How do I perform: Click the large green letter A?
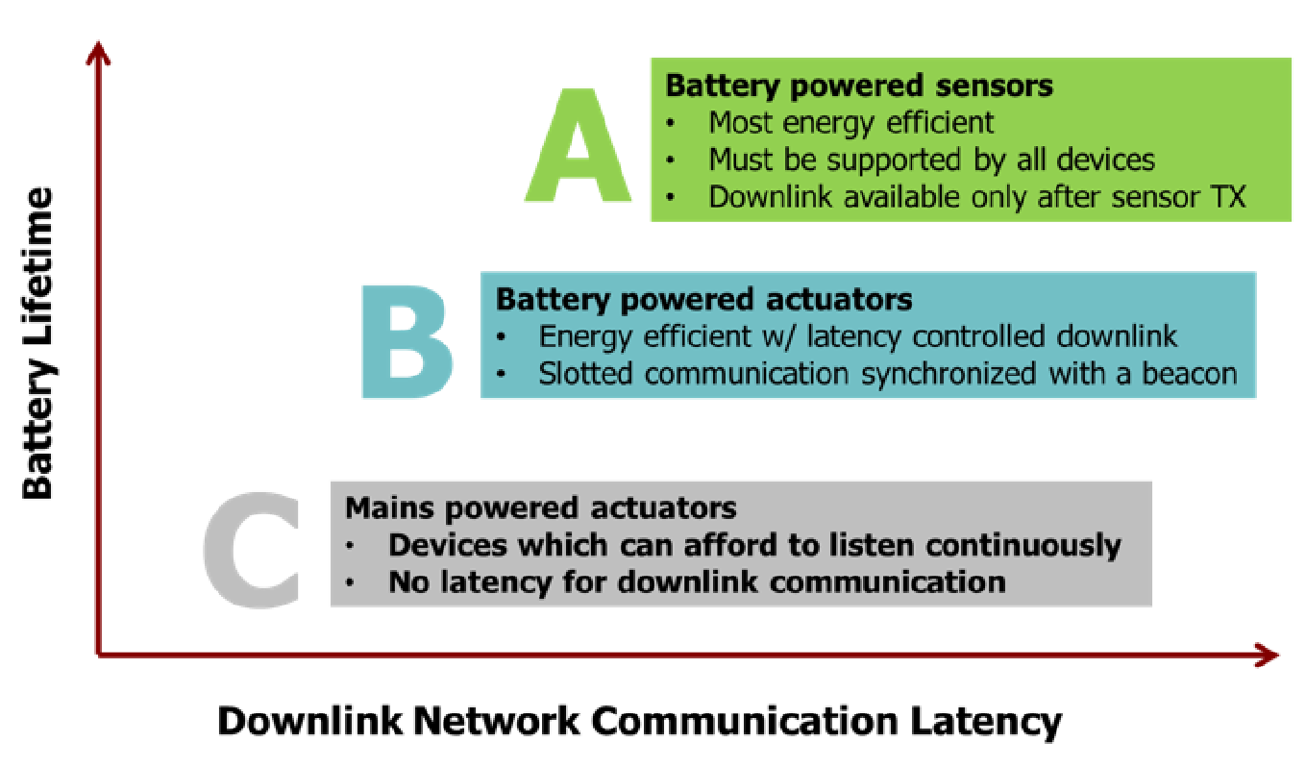point(578,146)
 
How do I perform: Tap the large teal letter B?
point(407,342)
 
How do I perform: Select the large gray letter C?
point(252,552)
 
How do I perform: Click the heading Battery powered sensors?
point(859,86)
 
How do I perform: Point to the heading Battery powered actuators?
point(703,299)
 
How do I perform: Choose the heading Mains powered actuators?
point(540,507)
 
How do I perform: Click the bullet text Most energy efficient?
point(850,122)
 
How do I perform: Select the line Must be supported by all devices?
point(931,160)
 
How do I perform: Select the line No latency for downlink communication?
point(697,581)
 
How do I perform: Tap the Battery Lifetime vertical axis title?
point(38,344)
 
